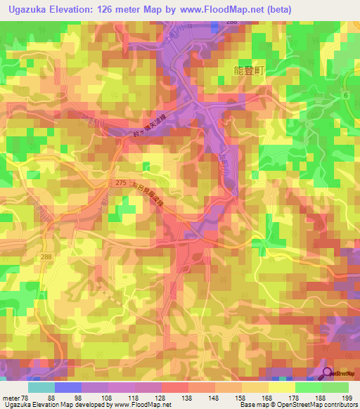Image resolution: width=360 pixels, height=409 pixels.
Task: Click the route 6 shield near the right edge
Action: tap(346, 94)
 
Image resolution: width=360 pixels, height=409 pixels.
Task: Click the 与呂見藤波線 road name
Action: tap(153, 193)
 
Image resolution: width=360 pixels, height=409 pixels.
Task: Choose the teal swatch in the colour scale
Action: tap(41, 388)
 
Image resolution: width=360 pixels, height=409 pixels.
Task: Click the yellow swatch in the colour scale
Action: tap(282, 388)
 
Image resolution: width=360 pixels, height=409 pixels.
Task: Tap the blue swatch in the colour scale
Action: tap(68, 388)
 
